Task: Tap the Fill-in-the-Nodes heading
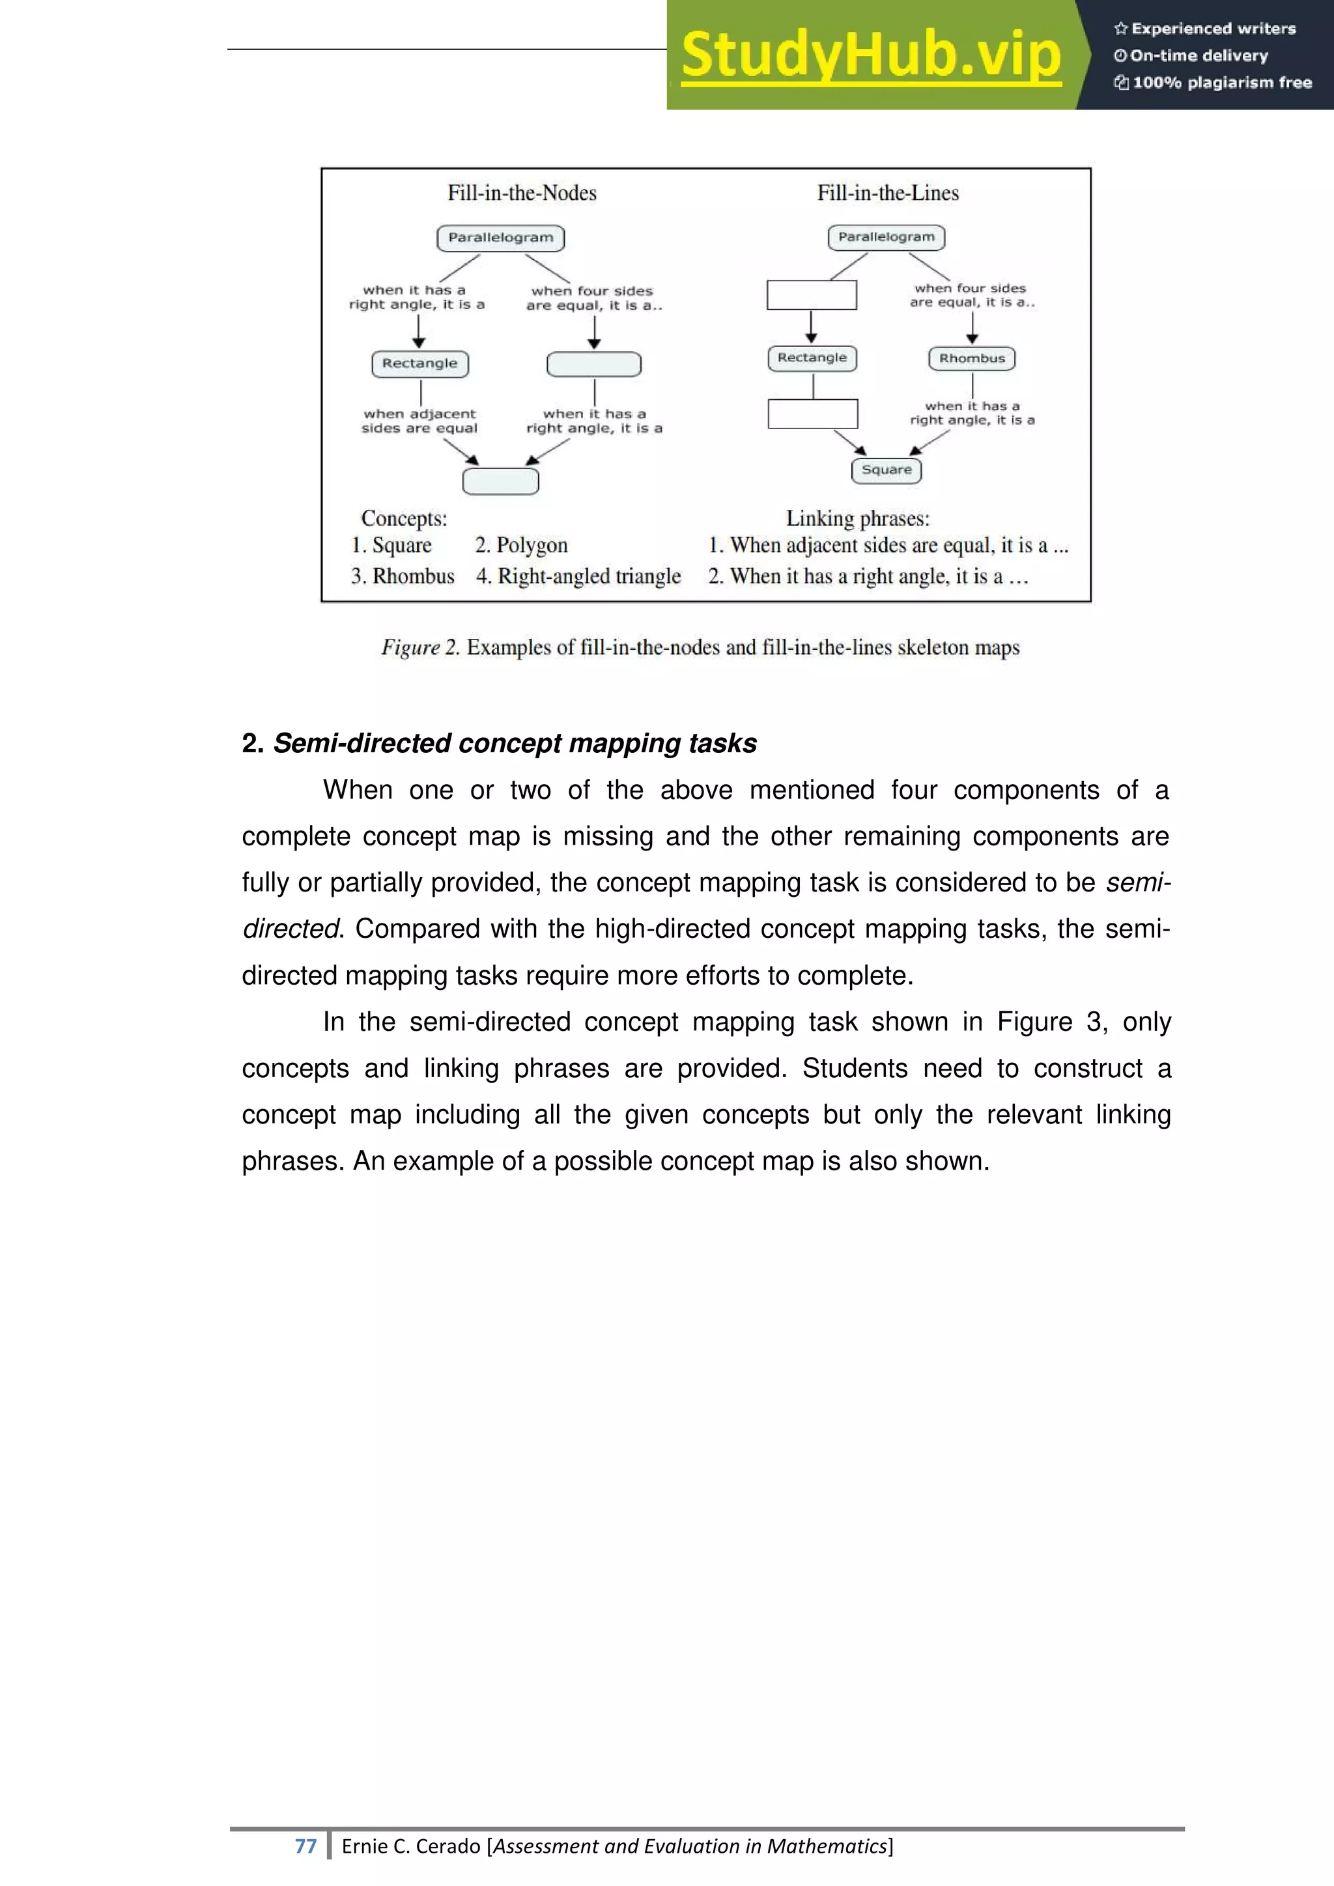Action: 522,193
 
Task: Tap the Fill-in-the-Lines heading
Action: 887,193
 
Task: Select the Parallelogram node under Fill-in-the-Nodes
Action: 500,238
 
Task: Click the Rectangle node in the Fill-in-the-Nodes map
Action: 419,364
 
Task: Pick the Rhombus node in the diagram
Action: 972,359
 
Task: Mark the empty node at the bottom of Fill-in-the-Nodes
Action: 500,481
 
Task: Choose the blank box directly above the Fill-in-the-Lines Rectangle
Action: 812,295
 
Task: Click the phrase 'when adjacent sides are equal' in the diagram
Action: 419,421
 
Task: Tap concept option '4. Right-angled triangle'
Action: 578,576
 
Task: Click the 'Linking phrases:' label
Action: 858,518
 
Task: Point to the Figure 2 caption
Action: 700,647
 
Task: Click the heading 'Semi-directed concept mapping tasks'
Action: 514,743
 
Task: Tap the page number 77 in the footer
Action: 305,1846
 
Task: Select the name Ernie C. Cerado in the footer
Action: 411,1846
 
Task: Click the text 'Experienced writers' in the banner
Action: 1212,29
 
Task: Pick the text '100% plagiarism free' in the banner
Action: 1221,82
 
